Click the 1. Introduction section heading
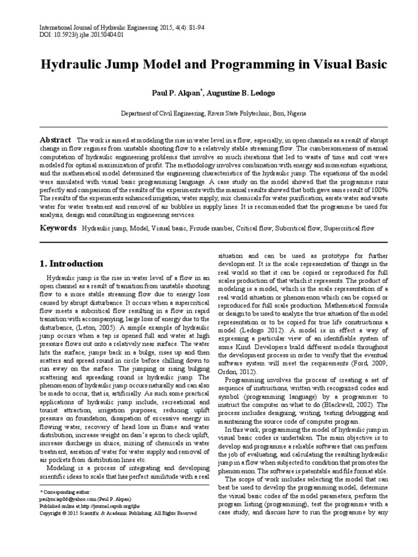pyautogui.click(x=71, y=263)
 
